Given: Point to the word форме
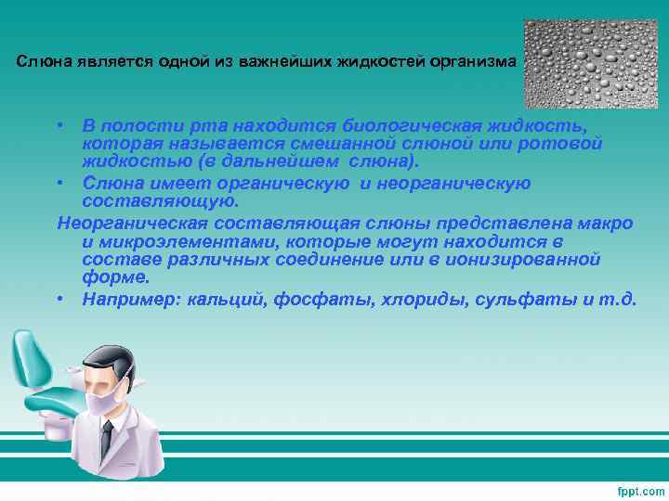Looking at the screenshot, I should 115,276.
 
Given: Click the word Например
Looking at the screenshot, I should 131,299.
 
